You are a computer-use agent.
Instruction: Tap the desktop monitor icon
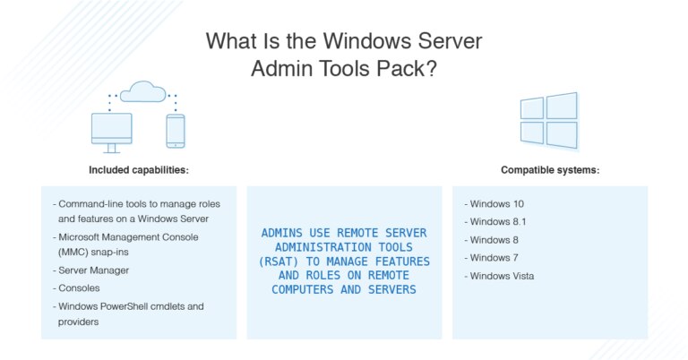(112, 132)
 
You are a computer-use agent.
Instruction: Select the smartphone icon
(176, 131)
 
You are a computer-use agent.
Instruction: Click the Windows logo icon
(548, 120)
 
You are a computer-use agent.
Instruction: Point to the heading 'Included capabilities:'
(139, 169)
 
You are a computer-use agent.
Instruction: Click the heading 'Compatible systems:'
(549, 169)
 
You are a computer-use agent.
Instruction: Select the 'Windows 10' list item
(494, 203)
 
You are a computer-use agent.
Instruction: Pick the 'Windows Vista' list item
(499, 276)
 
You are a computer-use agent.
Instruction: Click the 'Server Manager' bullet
(95, 270)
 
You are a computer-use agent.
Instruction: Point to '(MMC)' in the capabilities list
(74, 252)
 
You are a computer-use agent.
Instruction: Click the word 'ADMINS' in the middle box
(279, 233)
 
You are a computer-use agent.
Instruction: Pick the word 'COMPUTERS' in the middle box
(304, 290)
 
